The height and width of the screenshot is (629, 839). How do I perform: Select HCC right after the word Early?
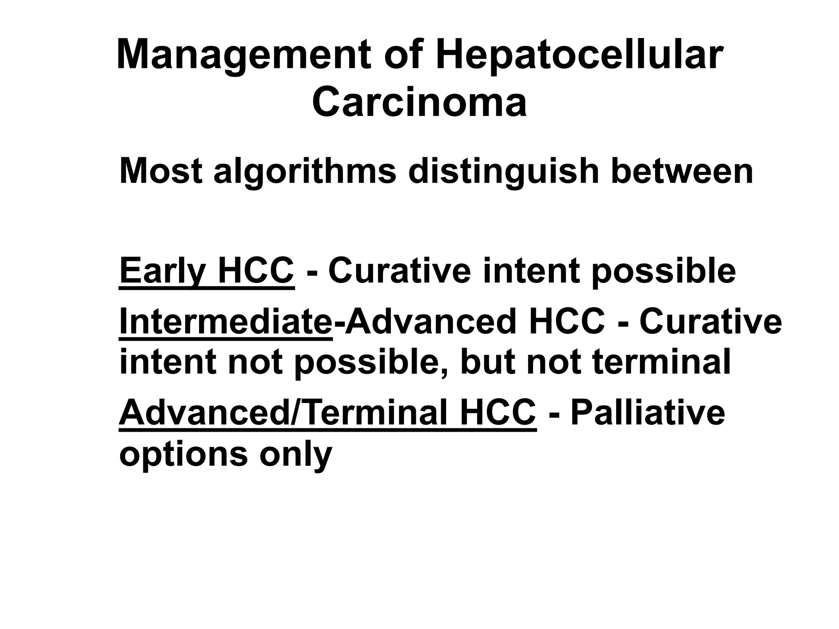click(x=256, y=270)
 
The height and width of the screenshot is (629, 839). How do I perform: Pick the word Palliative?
click(x=648, y=413)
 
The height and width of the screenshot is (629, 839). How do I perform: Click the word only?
click(x=295, y=455)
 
